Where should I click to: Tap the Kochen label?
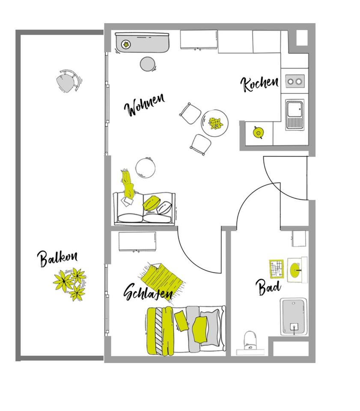259,83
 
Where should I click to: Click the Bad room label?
268,287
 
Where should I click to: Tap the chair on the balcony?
68,81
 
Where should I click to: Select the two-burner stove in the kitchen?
295,80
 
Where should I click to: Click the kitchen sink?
295,114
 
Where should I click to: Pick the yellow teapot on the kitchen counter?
258,133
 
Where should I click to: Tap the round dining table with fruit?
215,123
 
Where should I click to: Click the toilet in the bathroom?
250,341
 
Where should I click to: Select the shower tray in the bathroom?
294,317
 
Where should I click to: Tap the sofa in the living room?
144,208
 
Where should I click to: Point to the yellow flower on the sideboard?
126,43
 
